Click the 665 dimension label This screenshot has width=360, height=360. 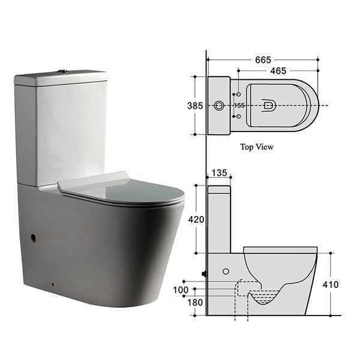pos(263,60)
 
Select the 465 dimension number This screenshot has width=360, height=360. pos(278,71)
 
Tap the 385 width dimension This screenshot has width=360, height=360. pos(195,106)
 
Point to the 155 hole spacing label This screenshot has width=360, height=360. pos(239,106)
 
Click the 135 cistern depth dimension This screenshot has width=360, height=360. pos(219,173)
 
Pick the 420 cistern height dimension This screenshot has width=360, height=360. pos(196,220)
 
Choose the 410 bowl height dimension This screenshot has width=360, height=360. pos(331,284)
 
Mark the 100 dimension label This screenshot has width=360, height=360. pos(181,290)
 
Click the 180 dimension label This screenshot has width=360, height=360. pos(195,302)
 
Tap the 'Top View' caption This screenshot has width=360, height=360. pos(257,147)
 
